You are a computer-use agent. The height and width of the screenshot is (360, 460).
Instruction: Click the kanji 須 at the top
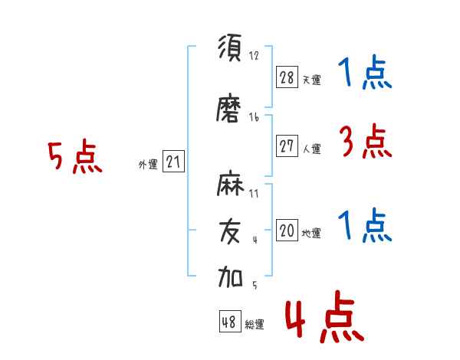(230, 47)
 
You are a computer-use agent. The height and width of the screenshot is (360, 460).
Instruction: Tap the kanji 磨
(228, 108)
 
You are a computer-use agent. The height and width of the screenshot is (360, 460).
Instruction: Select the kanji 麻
(230, 183)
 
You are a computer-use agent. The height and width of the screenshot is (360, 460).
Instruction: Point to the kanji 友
(230, 231)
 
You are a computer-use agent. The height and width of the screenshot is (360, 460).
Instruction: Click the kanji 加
(230, 277)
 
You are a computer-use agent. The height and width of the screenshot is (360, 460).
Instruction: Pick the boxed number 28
(287, 77)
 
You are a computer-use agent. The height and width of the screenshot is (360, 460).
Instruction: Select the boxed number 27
(287, 146)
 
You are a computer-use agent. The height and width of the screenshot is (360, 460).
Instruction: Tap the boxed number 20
(287, 230)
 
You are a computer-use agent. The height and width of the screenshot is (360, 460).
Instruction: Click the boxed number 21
(173, 161)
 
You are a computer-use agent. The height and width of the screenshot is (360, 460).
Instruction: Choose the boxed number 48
(230, 321)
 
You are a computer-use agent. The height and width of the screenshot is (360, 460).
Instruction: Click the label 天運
(312, 80)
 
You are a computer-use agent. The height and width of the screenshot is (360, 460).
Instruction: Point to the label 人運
(312, 149)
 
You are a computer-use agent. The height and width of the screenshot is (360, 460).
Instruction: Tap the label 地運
(311, 234)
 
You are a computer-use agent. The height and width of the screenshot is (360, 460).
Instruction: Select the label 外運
(148, 165)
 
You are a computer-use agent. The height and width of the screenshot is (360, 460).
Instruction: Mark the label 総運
(255, 325)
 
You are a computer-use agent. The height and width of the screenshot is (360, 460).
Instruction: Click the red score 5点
(75, 156)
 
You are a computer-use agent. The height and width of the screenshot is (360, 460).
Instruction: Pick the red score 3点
(366, 141)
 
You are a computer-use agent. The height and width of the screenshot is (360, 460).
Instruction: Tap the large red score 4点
(324, 316)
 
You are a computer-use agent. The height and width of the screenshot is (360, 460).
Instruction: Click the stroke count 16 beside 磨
(254, 117)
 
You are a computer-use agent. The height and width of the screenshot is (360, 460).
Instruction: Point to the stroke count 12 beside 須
(254, 55)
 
